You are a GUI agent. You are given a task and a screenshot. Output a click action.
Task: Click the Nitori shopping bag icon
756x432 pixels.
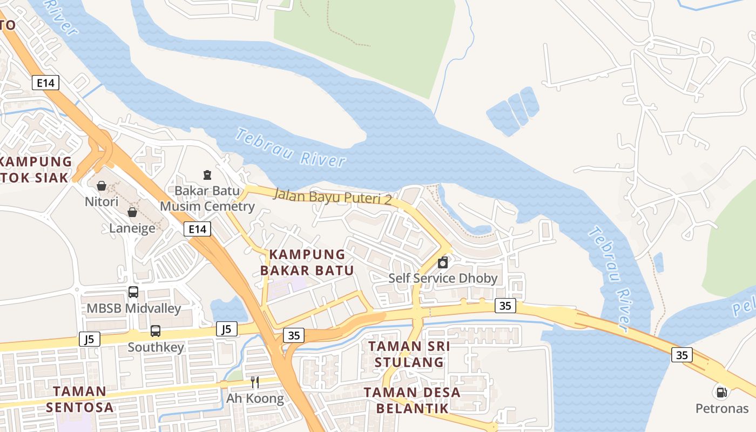pyautogui.click(x=102, y=186)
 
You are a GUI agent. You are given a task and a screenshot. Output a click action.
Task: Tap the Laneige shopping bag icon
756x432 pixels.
pyautogui.click(x=132, y=212)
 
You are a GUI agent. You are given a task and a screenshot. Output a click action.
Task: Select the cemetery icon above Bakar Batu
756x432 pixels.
pyautogui.click(x=207, y=174)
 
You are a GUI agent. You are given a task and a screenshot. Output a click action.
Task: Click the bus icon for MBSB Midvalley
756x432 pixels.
pyautogui.click(x=133, y=292)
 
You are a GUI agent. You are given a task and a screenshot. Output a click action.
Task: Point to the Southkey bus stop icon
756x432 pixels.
pyautogui.click(x=156, y=330)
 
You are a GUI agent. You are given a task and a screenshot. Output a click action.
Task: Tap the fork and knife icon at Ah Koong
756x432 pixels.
pyautogui.click(x=255, y=382)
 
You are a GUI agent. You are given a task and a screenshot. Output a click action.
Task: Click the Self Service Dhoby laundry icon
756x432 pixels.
pyautogui.click(x=443, y=263)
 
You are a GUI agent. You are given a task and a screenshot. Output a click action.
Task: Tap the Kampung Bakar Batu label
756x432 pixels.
pyautogui.click(x=307, y=262)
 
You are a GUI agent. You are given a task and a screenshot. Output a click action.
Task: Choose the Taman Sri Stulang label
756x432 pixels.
pyautogui.click(x=409, y=354)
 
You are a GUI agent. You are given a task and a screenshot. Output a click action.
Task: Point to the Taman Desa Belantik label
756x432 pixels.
pyautogui.click(x=412, y=400)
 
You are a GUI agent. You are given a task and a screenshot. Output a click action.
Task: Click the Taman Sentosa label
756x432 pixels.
pyautogui.click(x=80, y=399)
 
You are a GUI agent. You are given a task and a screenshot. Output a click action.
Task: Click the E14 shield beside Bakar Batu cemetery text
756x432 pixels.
pyautogui.click(x=197, y=229)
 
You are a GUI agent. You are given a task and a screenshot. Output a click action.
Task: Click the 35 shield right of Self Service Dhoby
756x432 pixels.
pyautogui.click(x=505, y=306)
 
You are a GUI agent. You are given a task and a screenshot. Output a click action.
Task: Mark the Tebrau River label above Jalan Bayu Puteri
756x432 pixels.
pyautogui.click(x=291, y=147)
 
